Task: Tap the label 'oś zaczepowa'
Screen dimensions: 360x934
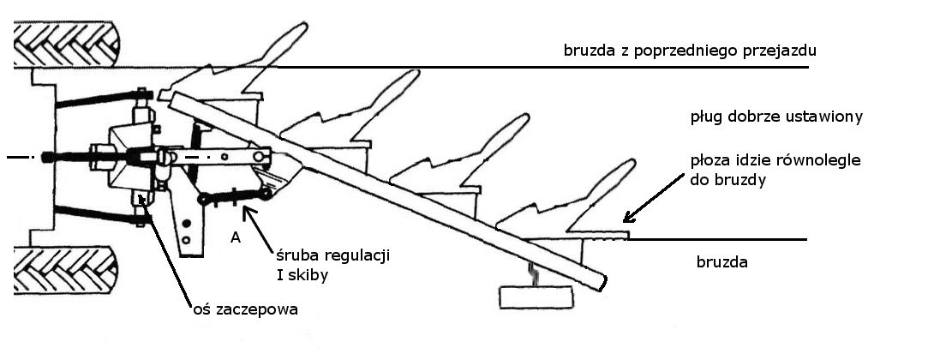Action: tap(246, 309)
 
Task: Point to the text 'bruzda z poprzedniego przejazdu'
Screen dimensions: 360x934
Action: tap(689, 51)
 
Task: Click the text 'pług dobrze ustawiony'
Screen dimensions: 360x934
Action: tap(775, 116)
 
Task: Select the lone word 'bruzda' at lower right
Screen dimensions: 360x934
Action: tap(721, 262)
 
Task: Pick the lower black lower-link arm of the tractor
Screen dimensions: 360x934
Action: tap(94, 213)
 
